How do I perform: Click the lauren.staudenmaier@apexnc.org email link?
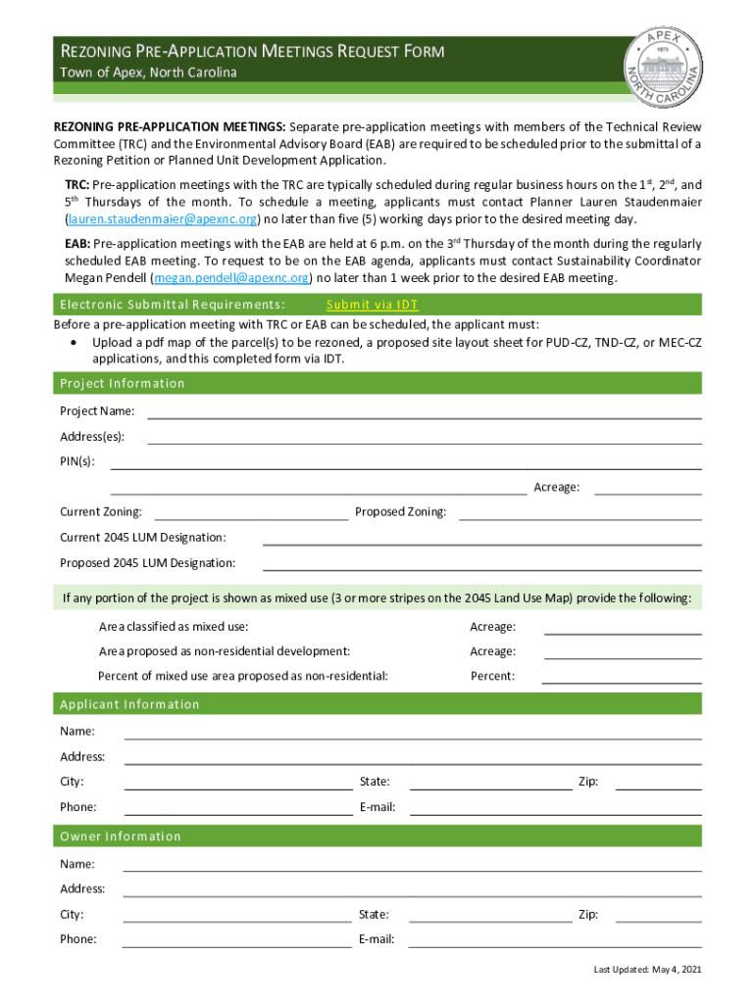[162, 218]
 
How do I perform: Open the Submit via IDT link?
[372, 305]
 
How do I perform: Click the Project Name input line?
[424, 411]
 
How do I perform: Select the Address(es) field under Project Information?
[424, 437]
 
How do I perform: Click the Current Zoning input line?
[251, 512]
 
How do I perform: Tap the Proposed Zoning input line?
[579, 512]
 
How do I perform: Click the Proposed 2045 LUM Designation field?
[481, 563]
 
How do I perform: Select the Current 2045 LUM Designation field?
[481, 538]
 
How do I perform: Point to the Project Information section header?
[123, 383]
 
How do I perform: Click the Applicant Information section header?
[129, 704]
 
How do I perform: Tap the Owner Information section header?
[121, 836]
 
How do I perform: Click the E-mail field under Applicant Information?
[555, 808]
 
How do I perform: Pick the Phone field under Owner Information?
[236, 940]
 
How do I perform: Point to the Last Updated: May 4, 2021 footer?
[646, 970]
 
